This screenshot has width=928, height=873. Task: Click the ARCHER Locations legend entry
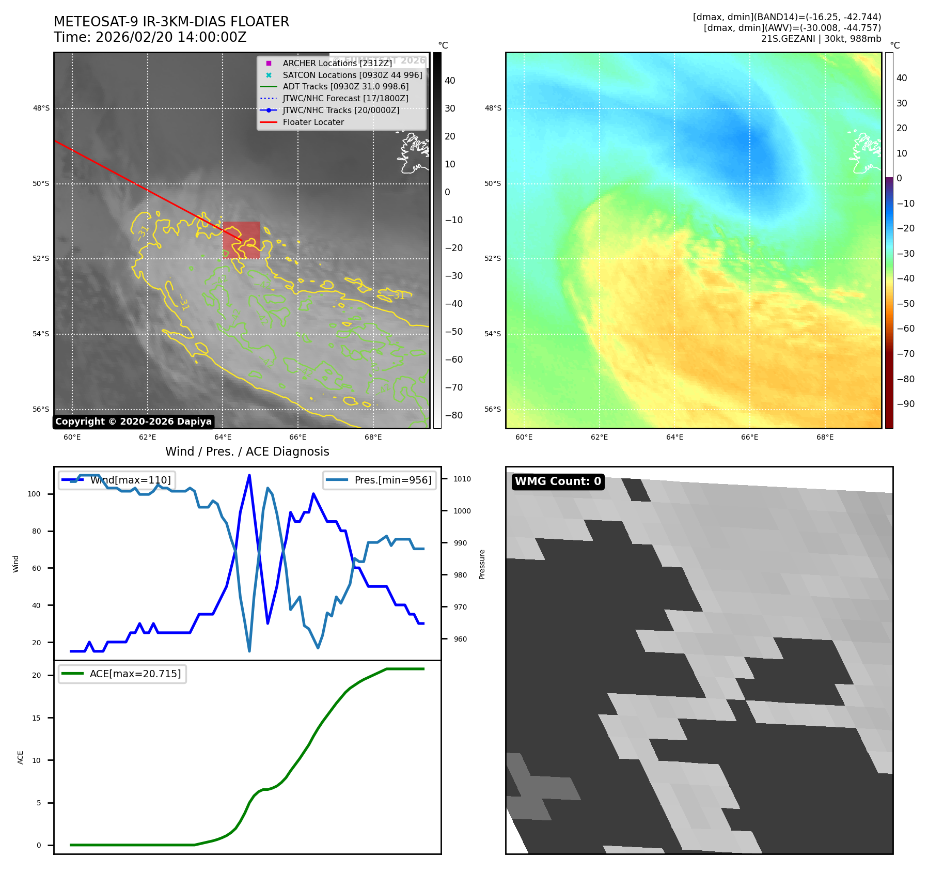tap(337, 63)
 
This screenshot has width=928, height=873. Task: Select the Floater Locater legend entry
tap(313, 122)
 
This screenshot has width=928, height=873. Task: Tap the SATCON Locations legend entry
tap(352, 75)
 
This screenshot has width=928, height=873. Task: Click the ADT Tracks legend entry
tap(345, 87)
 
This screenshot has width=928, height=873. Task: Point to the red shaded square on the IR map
tap(241, 240)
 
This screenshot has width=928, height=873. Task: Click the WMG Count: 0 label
tap(558, 481)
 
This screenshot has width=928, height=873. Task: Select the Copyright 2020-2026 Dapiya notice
tap(133, 422)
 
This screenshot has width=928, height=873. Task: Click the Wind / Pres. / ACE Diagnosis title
tap(247, 451)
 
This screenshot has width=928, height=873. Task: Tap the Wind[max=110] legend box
tap(117, 480)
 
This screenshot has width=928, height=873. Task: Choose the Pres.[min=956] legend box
tap(380, 480)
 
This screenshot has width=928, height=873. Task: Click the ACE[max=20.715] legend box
tap(122, 674)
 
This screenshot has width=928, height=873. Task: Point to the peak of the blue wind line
tap(249, 475)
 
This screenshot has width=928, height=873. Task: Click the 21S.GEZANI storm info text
tap(821, 39)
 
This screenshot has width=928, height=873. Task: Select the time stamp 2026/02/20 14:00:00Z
tap(150, 38)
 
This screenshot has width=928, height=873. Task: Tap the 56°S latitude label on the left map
tap(41, 409)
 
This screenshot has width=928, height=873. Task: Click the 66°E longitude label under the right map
tap(749, 437)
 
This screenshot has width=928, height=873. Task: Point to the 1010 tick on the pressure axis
tap(462, 479)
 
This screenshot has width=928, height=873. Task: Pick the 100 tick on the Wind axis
tap(34, 494)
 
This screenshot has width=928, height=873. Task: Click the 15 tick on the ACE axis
tap(36, 718)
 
